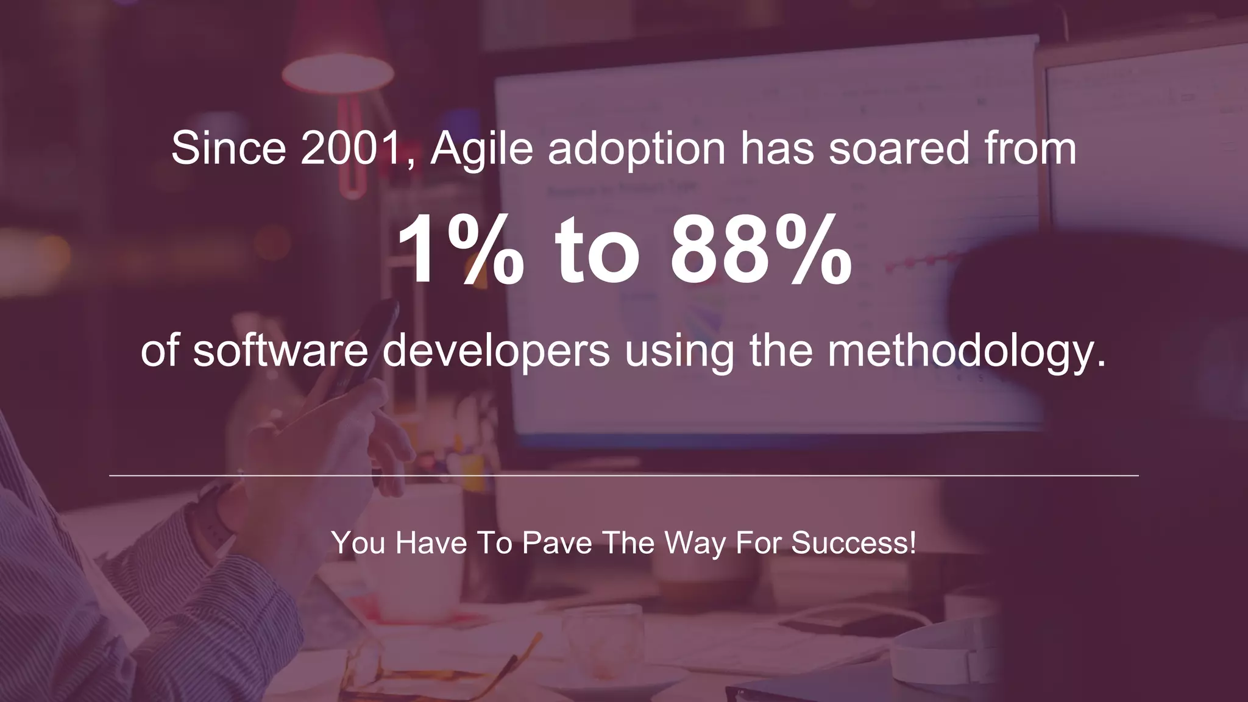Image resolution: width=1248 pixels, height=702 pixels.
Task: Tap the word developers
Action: coord(496,352)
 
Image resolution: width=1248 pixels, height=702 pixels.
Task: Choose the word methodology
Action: coord(966,352)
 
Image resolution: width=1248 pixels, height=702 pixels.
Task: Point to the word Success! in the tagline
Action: coord(853,542)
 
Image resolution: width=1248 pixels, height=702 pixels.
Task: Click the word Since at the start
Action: coord(229,148)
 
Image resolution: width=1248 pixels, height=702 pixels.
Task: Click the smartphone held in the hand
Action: coord(366,341)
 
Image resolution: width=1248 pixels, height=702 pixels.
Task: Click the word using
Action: coord(679,352)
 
